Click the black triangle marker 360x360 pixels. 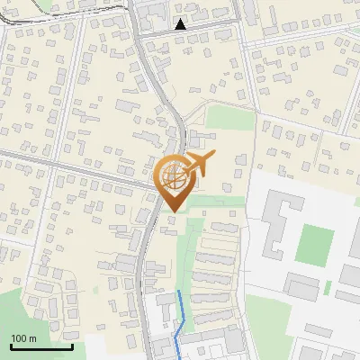[x=181, y=24]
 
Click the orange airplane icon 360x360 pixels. [x=199, y=165]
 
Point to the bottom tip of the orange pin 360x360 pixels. [x=172, y=211]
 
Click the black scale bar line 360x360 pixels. [x=41, y=346]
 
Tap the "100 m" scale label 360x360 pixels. [x=23, y=337]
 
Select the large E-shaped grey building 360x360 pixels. [x=279, y=225]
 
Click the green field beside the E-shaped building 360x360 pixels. [x=315, y=242]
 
